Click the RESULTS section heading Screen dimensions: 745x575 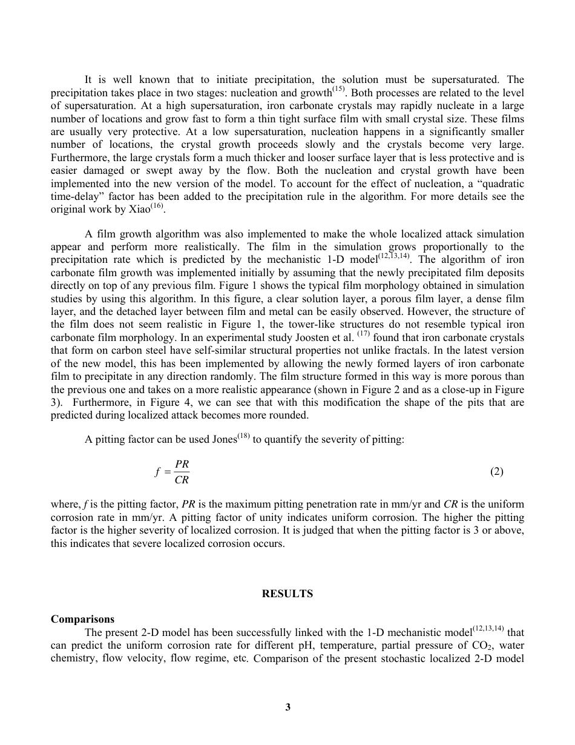(287, 594)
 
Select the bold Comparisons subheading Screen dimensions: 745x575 (82, 619)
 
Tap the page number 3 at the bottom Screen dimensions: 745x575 (287, 707)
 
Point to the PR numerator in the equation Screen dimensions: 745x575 (182, 464)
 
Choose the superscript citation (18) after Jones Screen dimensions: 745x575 (243, 437)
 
